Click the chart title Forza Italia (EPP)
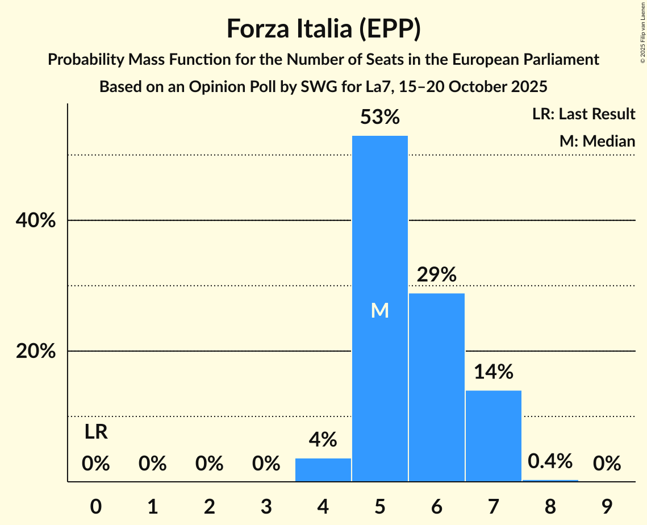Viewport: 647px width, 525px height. (323, 29)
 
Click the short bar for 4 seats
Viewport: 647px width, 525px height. (323, 470)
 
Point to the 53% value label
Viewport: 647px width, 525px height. (380, 118)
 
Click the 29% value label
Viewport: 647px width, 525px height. (437, 275)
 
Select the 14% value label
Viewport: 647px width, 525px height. (494, 372)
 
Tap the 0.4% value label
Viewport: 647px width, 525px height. (550, 461)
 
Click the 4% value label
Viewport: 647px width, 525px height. (323, 440)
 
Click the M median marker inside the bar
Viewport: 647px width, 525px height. (380, 310)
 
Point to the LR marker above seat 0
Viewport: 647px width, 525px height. (96, 432)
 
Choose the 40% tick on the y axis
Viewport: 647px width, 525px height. (36, 220)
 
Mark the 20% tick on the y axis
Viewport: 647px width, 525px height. (36, 352)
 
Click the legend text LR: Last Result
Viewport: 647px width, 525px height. (583, 114)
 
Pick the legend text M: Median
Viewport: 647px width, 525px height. (597, 141)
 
